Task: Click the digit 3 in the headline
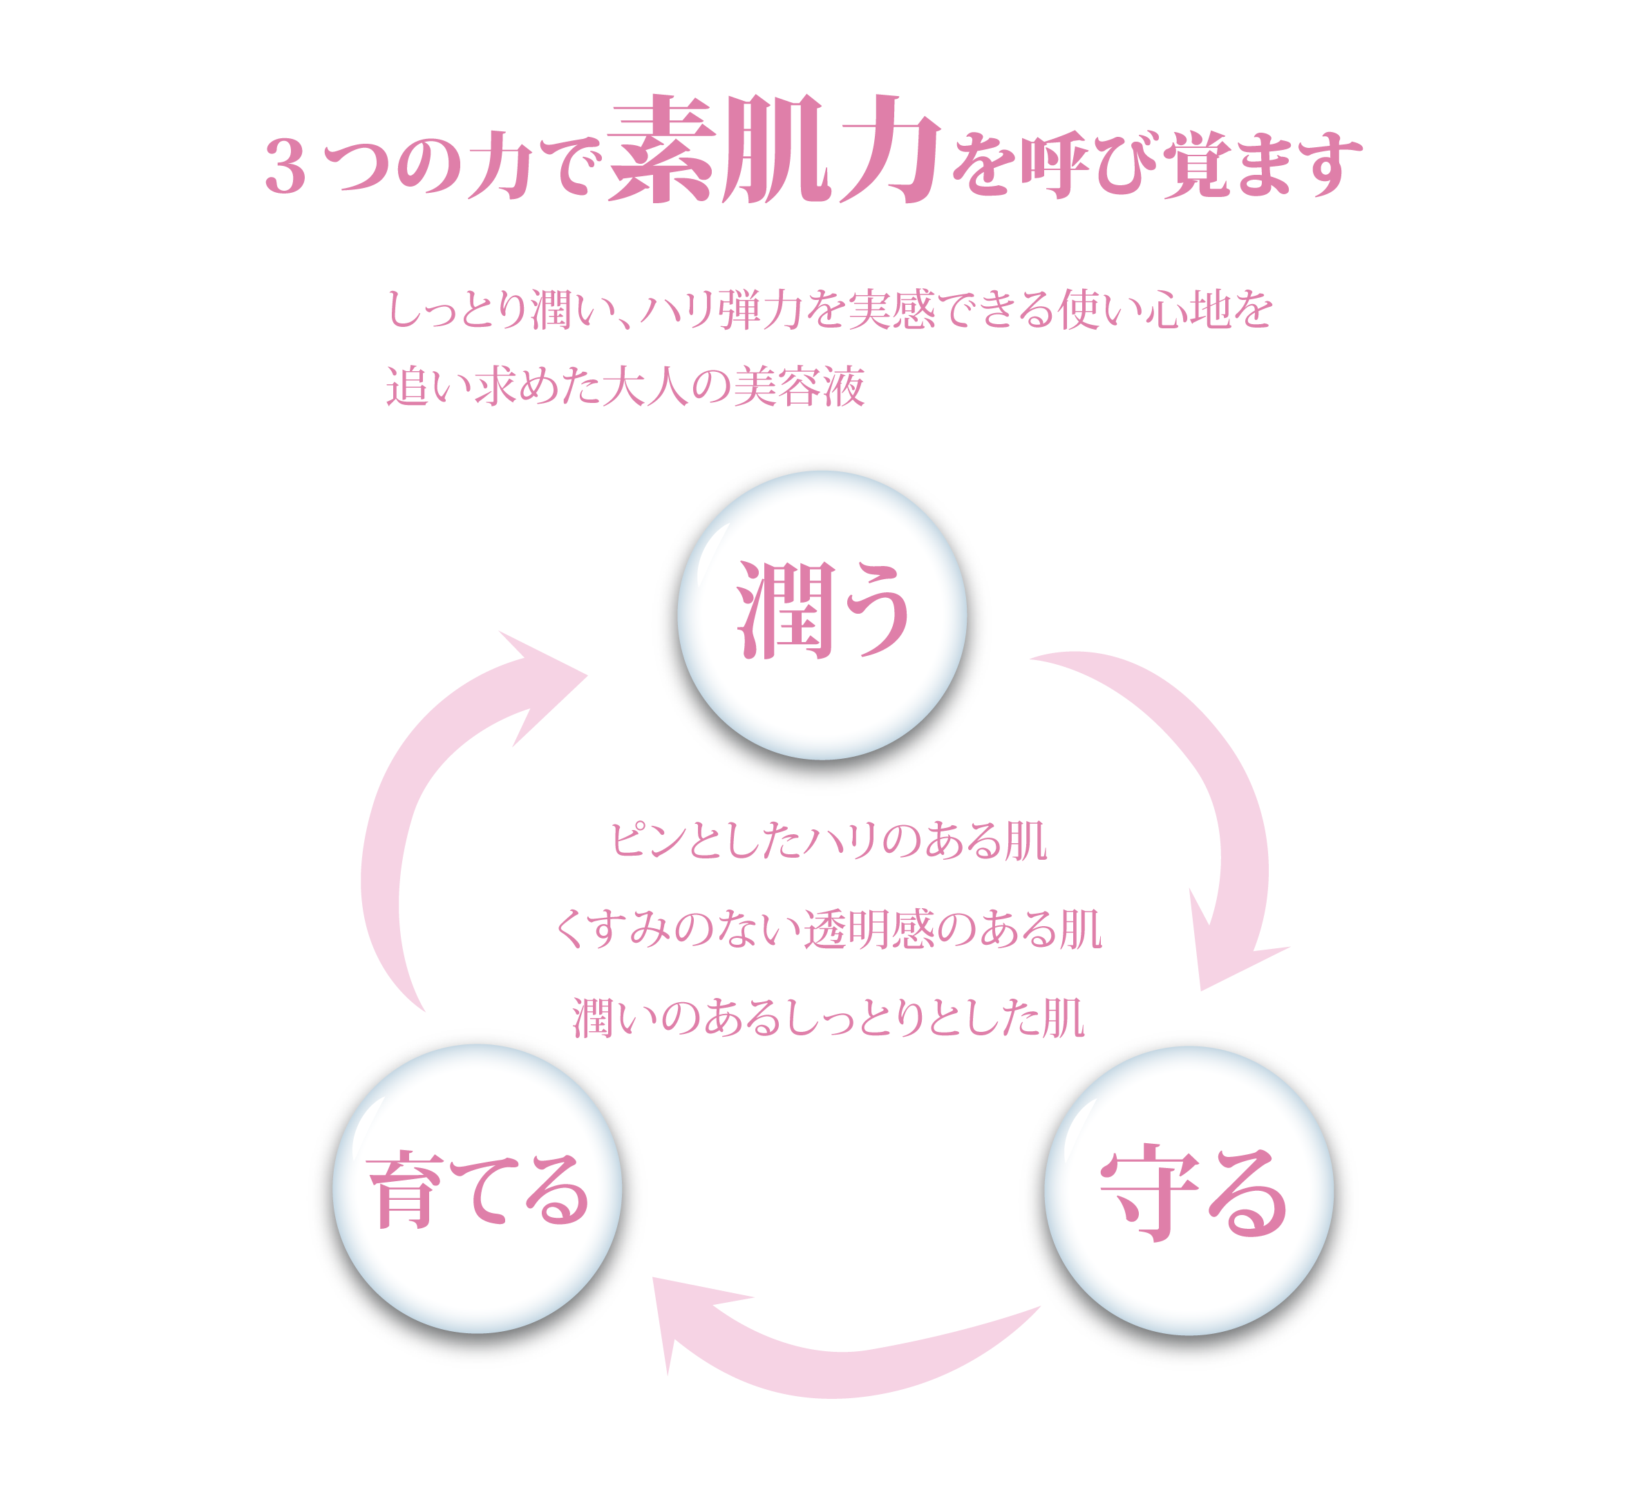(285, 168)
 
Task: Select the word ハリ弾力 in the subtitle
(702, 310)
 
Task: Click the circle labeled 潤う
(822, 616)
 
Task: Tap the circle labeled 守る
(1189, 1190)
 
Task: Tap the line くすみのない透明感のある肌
(828, 930)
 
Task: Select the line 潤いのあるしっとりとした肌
(828, 1019)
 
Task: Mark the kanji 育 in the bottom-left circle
(405, 1190)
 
